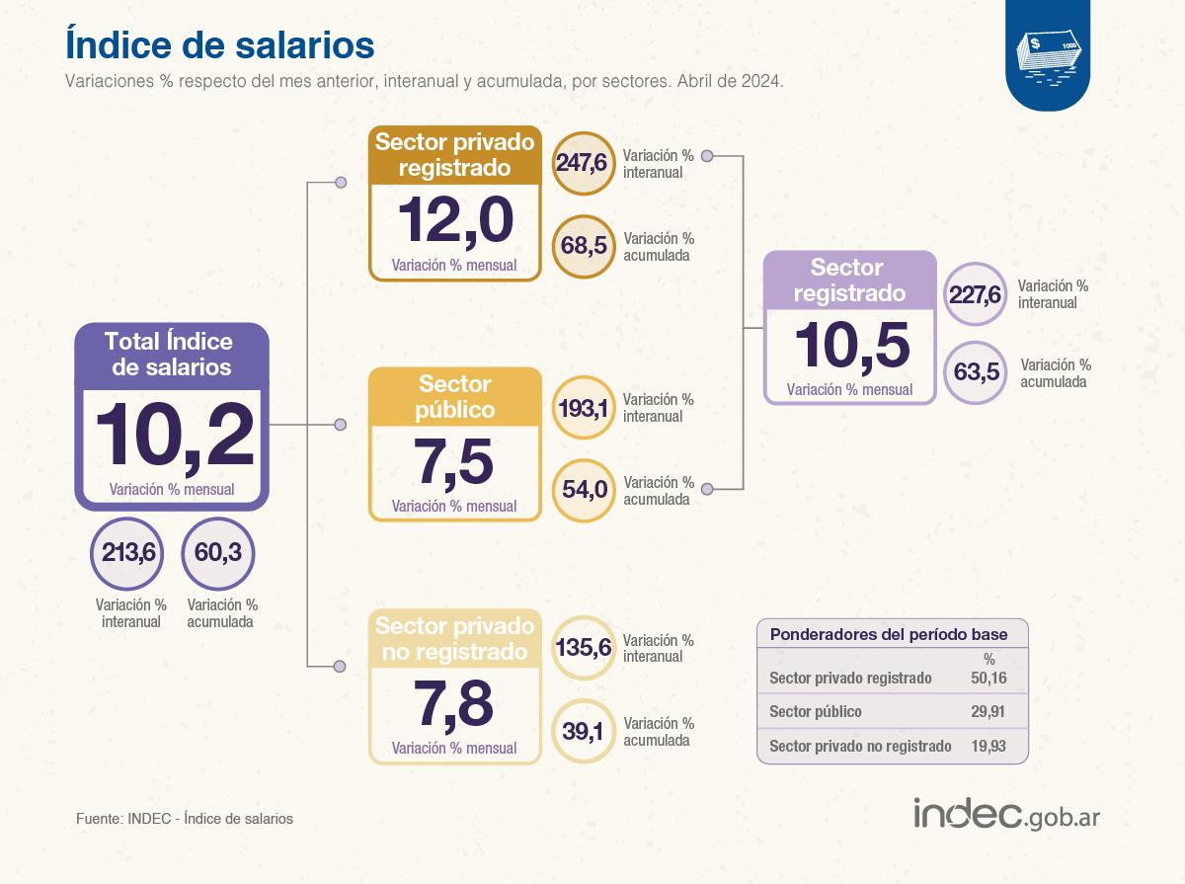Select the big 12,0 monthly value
[455, 220]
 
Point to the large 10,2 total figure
[174, 434]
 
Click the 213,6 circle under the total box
[125, 553]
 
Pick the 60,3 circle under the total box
[217, 553]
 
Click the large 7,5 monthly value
[455, 462]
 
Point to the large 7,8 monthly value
[455, 704]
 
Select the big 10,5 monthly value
[850, 345]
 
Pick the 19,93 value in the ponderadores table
[987, 746]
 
